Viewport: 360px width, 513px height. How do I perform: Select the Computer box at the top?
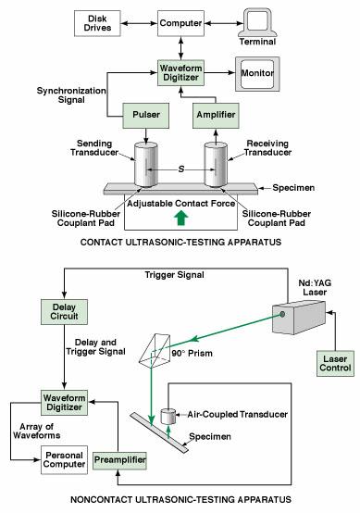tap(180, 22)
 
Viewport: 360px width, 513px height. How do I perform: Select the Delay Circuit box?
tap(62, 310)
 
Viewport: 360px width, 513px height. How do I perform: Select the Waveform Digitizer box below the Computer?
tap(180, 72)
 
